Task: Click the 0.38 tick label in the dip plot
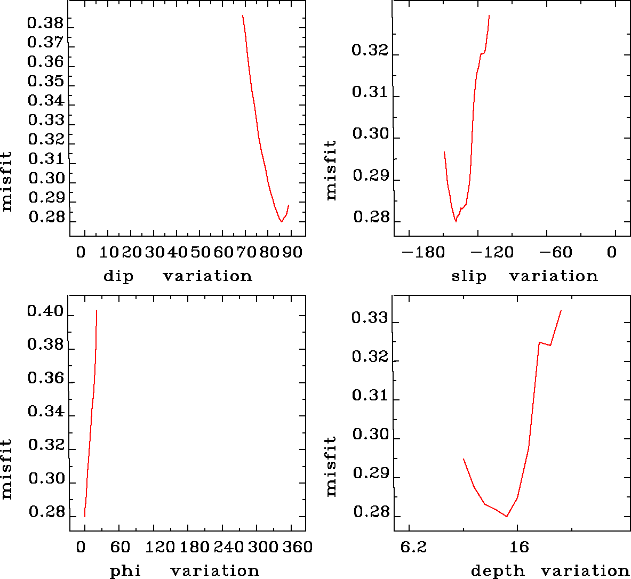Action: (45, 23)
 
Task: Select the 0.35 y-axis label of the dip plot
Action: (45, 82)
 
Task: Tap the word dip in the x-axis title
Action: (118, 276)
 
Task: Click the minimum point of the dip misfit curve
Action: (281, 221)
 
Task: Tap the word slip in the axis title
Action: (469, 276)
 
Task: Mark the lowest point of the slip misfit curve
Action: (456, 221)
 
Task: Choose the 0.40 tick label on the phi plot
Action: (45, 312)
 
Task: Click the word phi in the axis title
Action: (125, 571)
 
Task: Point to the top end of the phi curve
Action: (96, 310)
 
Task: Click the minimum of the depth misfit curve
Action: (507, 517)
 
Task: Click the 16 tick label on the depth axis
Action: (518, 547)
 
